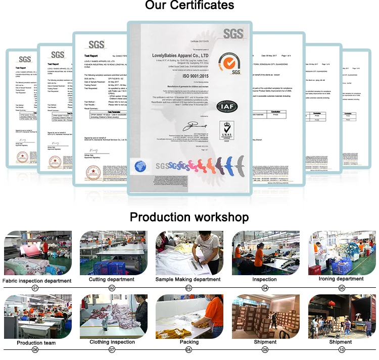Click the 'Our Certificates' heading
[x=189, y=7]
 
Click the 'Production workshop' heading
[x=189, y=217]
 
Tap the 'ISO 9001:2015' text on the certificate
[x=188, y=75]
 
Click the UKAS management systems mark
[x=226, y=132]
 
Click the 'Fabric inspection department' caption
[x=37, y=281]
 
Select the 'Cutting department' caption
[x=112, y=279]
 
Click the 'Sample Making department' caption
[x=188, y=279]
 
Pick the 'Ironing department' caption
[x=341, y=279]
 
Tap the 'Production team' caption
[x=36, y=343]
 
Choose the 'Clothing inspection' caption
[x=112, y=342]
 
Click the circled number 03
[x=188, y=288]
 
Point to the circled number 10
[x=341, y=349]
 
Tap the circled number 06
[x=35, y=349]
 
